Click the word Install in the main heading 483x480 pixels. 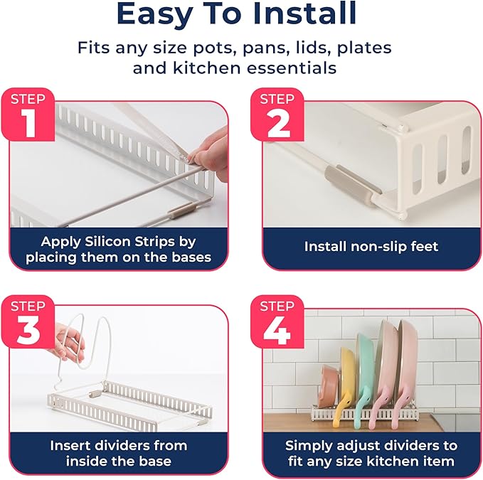[304, 14]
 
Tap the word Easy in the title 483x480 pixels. [154, 14]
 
